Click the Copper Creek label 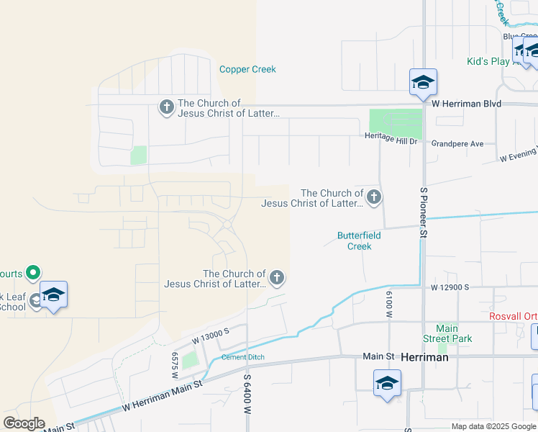[x=247, y=70]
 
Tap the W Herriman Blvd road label [x=466, y=104]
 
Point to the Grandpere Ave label [x=457, y=144]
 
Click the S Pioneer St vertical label [x=424, y=213]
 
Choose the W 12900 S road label [x=450, y=287]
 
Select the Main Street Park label [x=446, y=333]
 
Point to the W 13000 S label [x=209, y=333]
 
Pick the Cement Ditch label [x=242, y=357]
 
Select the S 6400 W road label [x=247, y=393]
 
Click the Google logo [x=24, y=423]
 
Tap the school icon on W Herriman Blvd [x=423, y=83]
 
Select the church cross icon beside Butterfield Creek [x=373, y=197]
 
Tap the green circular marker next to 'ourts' [x=32, y=273]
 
